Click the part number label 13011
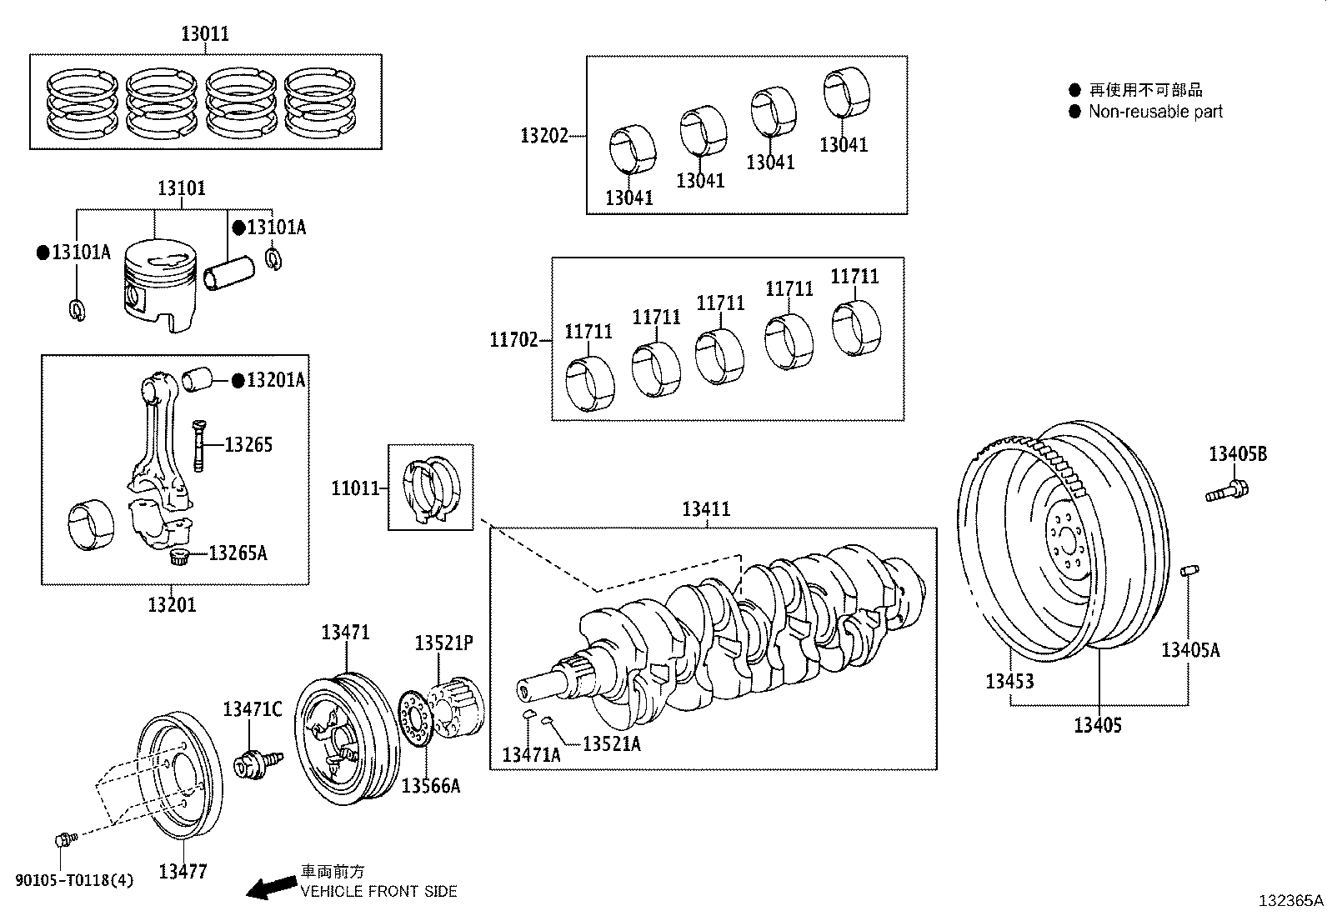click(x=205, y=34)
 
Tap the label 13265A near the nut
click(x=238, y=553)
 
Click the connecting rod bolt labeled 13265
click(x=198, y=445)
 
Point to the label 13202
click(x=543, y=136)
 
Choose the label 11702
click(x=513, y=340)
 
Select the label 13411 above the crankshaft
click(x=706, y=509)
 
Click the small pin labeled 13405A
click(x=1190, y=572)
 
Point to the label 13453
click(x=1009, y=682)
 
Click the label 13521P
click(x=444, y=643)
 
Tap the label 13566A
click(x=431, y=785)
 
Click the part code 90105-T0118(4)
click(x=75, y=879)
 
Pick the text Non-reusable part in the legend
click(x=1155, y=112)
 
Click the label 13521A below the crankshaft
click(x=612, y=744)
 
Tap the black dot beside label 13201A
click(x=238, y=381)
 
